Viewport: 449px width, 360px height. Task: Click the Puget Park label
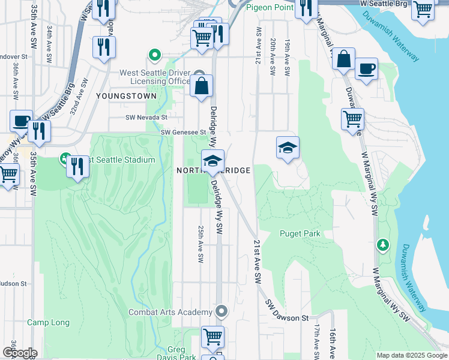point(300,233)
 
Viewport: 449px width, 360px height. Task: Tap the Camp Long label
point(48,323)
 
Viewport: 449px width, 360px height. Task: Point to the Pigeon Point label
point(270,7)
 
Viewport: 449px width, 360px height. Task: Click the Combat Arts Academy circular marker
point(221,311)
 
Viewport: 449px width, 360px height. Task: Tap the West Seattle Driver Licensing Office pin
point(155,57)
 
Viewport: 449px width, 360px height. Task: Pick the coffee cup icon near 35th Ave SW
point(21,121)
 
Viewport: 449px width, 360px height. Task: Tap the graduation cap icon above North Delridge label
point(212,160)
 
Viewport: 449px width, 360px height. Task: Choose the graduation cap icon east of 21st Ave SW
point(288,147)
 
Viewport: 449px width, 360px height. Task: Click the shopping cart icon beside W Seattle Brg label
point(423,10)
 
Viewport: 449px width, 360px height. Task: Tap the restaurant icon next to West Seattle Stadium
point(77,166)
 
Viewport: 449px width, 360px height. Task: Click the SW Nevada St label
point(146,118)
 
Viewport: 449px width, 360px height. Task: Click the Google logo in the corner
point(19,353)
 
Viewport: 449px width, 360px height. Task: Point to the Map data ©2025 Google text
point(411,355)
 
